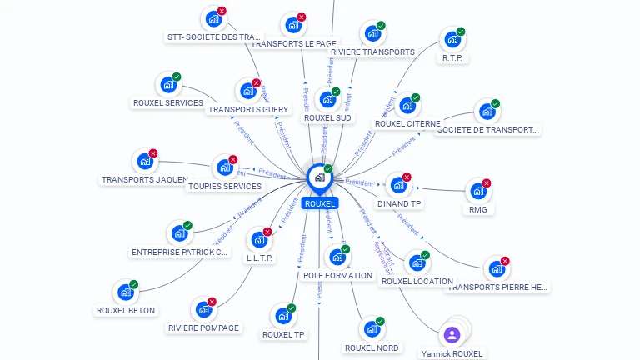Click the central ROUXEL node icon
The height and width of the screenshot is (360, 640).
pyautogui.click(x=319, y=177)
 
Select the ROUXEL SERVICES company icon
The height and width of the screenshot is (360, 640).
pyautogui.click(x=168, y=84)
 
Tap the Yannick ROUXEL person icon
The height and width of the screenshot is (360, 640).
pyautogui.click(x=452, y=334)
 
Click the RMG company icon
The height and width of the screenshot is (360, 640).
pyautogui.click(x=477, y=191)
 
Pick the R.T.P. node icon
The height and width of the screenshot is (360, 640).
pyautogui.click(x=452, y=39)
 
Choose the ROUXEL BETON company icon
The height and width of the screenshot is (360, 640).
pyautogui.click(x=125, y=292)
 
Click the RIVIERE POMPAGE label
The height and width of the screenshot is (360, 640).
pyautogui.click(x=204, y=327)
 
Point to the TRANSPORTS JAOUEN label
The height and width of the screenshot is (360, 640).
pyautogui.click(x=145, y=179)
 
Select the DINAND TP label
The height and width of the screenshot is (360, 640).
pyautogui.click(x=399, y=203)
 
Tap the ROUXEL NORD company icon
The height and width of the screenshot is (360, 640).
pyautogui.click(x=372, y=328)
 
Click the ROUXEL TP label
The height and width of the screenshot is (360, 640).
pyautogui.click(x=283, y=334)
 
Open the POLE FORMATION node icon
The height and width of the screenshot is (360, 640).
pyautogui.click(x=337, y=257)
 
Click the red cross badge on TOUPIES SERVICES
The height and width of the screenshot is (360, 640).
pyautogui.click(x=233, y=159)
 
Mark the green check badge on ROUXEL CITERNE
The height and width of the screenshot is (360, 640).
pyautogui.click(x=416, y=97)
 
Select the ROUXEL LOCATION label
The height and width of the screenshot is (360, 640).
pyautogui.click(x=417, y=281)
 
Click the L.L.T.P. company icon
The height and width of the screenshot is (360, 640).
pyautogui.click(x=259, y=239)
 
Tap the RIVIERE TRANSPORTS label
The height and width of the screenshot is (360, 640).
pyautogui.click(x=372, y=52)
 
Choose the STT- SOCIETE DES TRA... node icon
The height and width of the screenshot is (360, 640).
pyautogui.click(x=213, y=18)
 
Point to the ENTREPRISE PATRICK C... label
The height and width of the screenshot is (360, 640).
pyautogui.click(x=180, y=252)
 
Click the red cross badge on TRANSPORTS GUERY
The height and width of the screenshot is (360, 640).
pyautogui.click(x=256, y=83)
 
